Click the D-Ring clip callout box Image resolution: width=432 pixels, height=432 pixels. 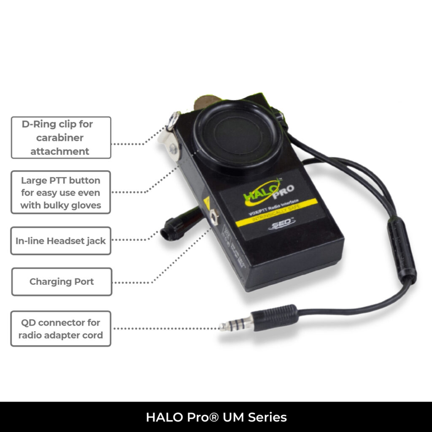(x=61, y=138)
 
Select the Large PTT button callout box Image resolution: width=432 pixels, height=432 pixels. (x=61, y=192)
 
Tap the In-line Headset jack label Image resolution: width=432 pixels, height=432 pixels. (x=61, y=241)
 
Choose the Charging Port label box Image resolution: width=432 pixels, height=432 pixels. (x=62, y=281)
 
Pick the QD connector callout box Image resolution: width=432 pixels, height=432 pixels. (x=61, y=329)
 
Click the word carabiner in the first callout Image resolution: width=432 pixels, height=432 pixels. (x=60, y=138)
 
